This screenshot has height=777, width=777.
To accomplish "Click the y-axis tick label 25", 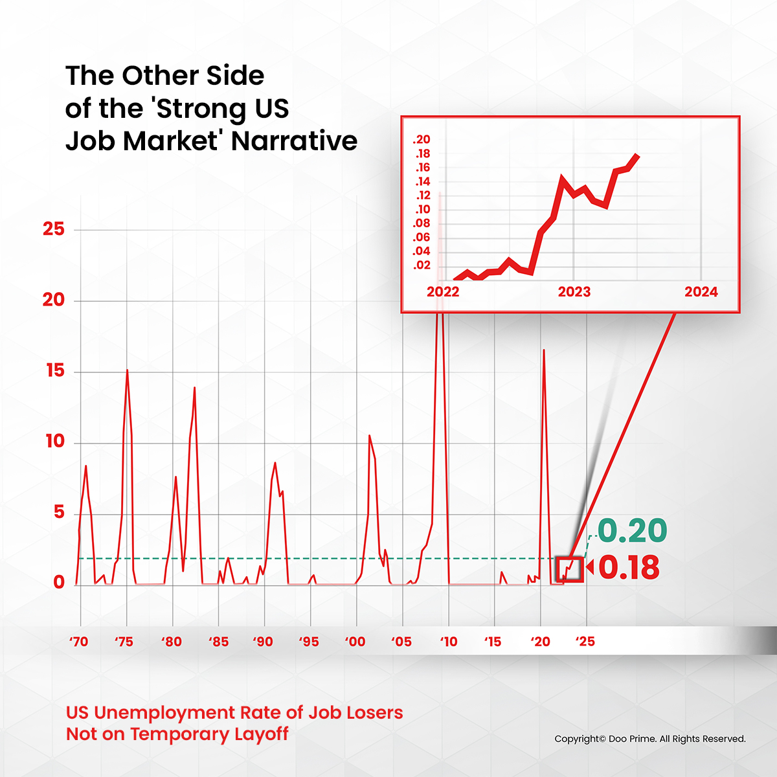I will tap(54, 229).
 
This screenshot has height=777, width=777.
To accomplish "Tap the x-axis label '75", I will tap(124, 642).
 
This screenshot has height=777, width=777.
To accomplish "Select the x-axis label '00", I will tap(355, 642).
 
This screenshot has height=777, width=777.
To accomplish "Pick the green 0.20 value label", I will tap(632, 531).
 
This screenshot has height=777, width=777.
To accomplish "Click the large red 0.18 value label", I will tap(629, 568).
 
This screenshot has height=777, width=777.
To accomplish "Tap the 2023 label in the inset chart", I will tap(574, 292).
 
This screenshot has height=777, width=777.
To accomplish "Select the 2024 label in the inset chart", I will tap(701, 292).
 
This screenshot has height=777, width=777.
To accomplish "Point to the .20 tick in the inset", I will tap(422, 140).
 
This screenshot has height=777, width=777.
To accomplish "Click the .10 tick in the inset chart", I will tap(422, 210).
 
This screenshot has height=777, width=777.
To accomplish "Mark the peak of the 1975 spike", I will tap(127, 370).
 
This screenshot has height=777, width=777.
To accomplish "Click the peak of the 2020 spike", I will tap(543, 350).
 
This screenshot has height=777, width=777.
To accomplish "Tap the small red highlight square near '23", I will tap(570, 569).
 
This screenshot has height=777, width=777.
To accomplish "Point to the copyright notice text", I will tap(650, 739).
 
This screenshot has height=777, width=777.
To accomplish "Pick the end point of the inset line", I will tap(638, 155).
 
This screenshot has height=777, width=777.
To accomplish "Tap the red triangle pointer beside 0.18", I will tap(589, 569).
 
